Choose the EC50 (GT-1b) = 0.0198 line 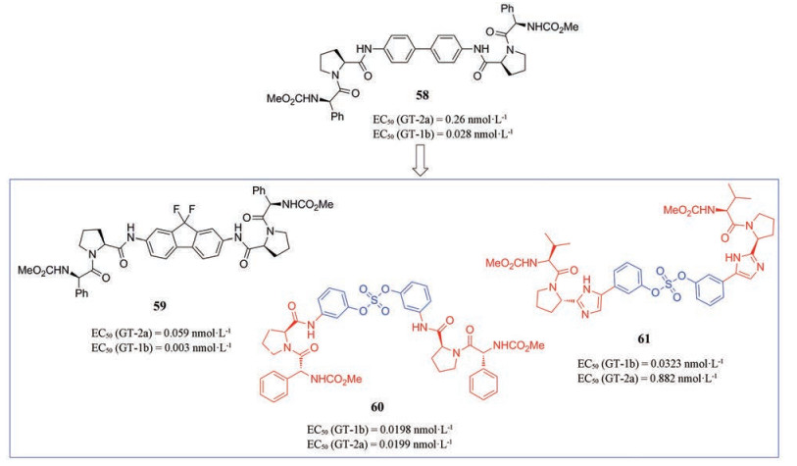[x=404, y=428]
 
